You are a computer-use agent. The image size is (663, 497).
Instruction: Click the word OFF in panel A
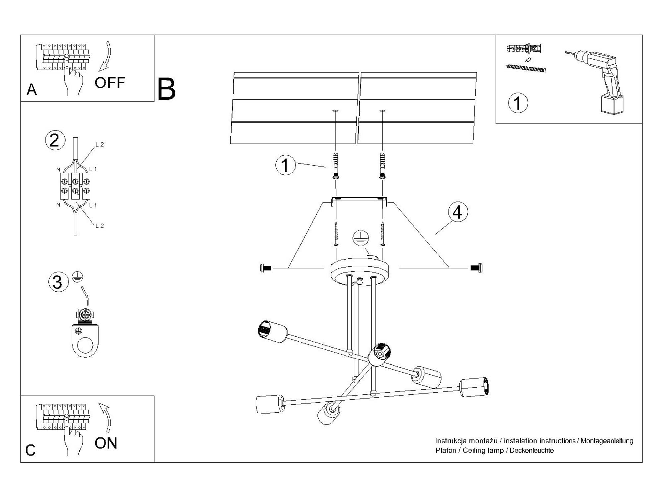(110, 83)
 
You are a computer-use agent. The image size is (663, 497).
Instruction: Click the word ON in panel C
(106, 443)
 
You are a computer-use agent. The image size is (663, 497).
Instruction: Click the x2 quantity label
(528, 60)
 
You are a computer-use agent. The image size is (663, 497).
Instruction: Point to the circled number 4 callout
(457, 212)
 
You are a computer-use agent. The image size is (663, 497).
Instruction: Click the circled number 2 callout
(55, 140)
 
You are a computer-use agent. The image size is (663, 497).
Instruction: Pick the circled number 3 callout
(58, 282)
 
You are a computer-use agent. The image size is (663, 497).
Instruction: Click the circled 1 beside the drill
(518, 103)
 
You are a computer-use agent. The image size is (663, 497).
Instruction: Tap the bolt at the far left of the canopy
(266, 268)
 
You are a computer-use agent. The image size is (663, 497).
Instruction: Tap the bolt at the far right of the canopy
(477, 268)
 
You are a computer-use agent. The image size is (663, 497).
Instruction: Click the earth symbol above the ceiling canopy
(361, 238)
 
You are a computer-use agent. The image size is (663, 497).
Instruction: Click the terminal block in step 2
(75, 186)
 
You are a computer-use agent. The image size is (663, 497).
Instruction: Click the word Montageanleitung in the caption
(607, 441)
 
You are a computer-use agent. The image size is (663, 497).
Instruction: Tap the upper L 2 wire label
(99, 145)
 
